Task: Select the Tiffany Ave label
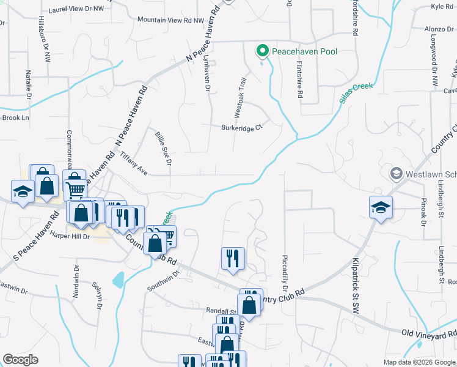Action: pos(133,162)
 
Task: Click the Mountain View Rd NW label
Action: pos(170,20)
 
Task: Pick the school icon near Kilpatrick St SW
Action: pos(381,206)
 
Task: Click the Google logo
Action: pos(21,360)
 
